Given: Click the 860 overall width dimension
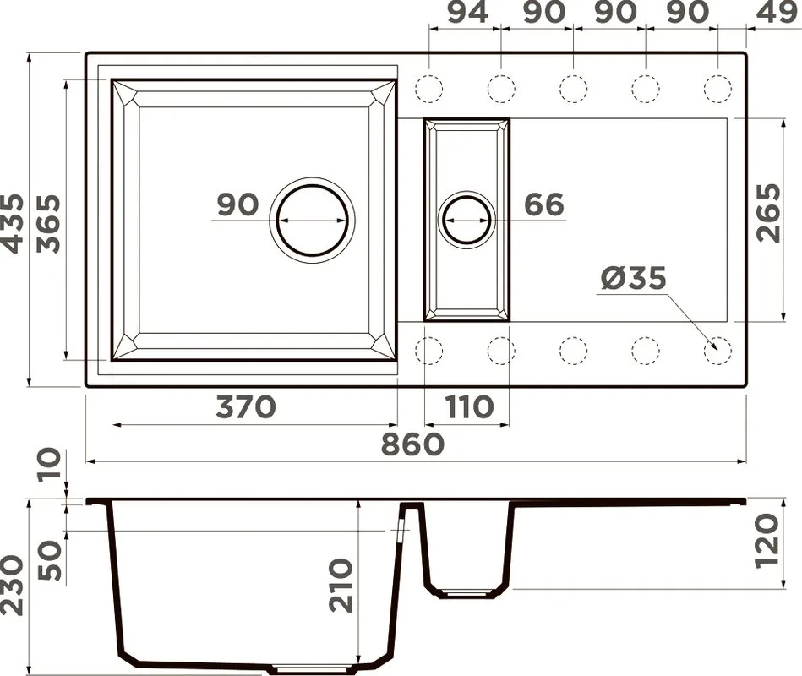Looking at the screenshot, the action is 412,444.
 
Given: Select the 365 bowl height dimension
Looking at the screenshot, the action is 48,224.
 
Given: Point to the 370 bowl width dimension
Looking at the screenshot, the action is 246,407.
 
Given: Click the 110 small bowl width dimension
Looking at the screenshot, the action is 470,407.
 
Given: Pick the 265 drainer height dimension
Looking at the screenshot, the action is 769,213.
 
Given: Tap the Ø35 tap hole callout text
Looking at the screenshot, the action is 633,278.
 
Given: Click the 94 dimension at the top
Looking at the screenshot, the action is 467,13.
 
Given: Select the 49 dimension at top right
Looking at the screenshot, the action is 781,13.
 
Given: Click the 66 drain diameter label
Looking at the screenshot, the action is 544,204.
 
